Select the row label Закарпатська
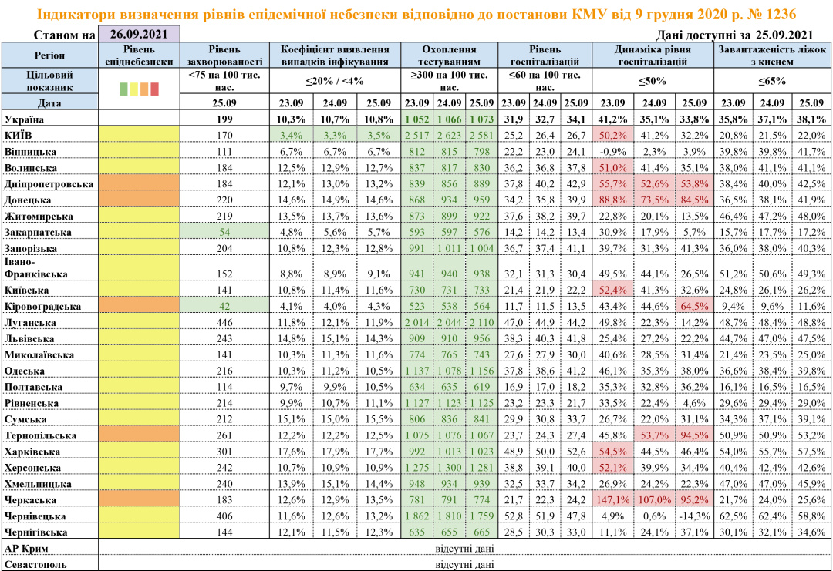tap(39, 232)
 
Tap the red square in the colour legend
tap(154, 89)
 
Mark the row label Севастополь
tap(35, 564)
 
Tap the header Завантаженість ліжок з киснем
tap(771, 55)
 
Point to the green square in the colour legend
tap(124, 89)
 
